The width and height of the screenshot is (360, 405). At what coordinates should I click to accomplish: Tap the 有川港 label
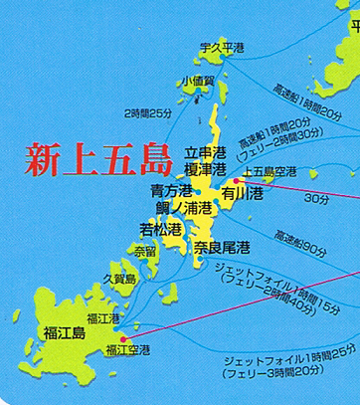241,193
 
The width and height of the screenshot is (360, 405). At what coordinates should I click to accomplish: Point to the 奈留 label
146,251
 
